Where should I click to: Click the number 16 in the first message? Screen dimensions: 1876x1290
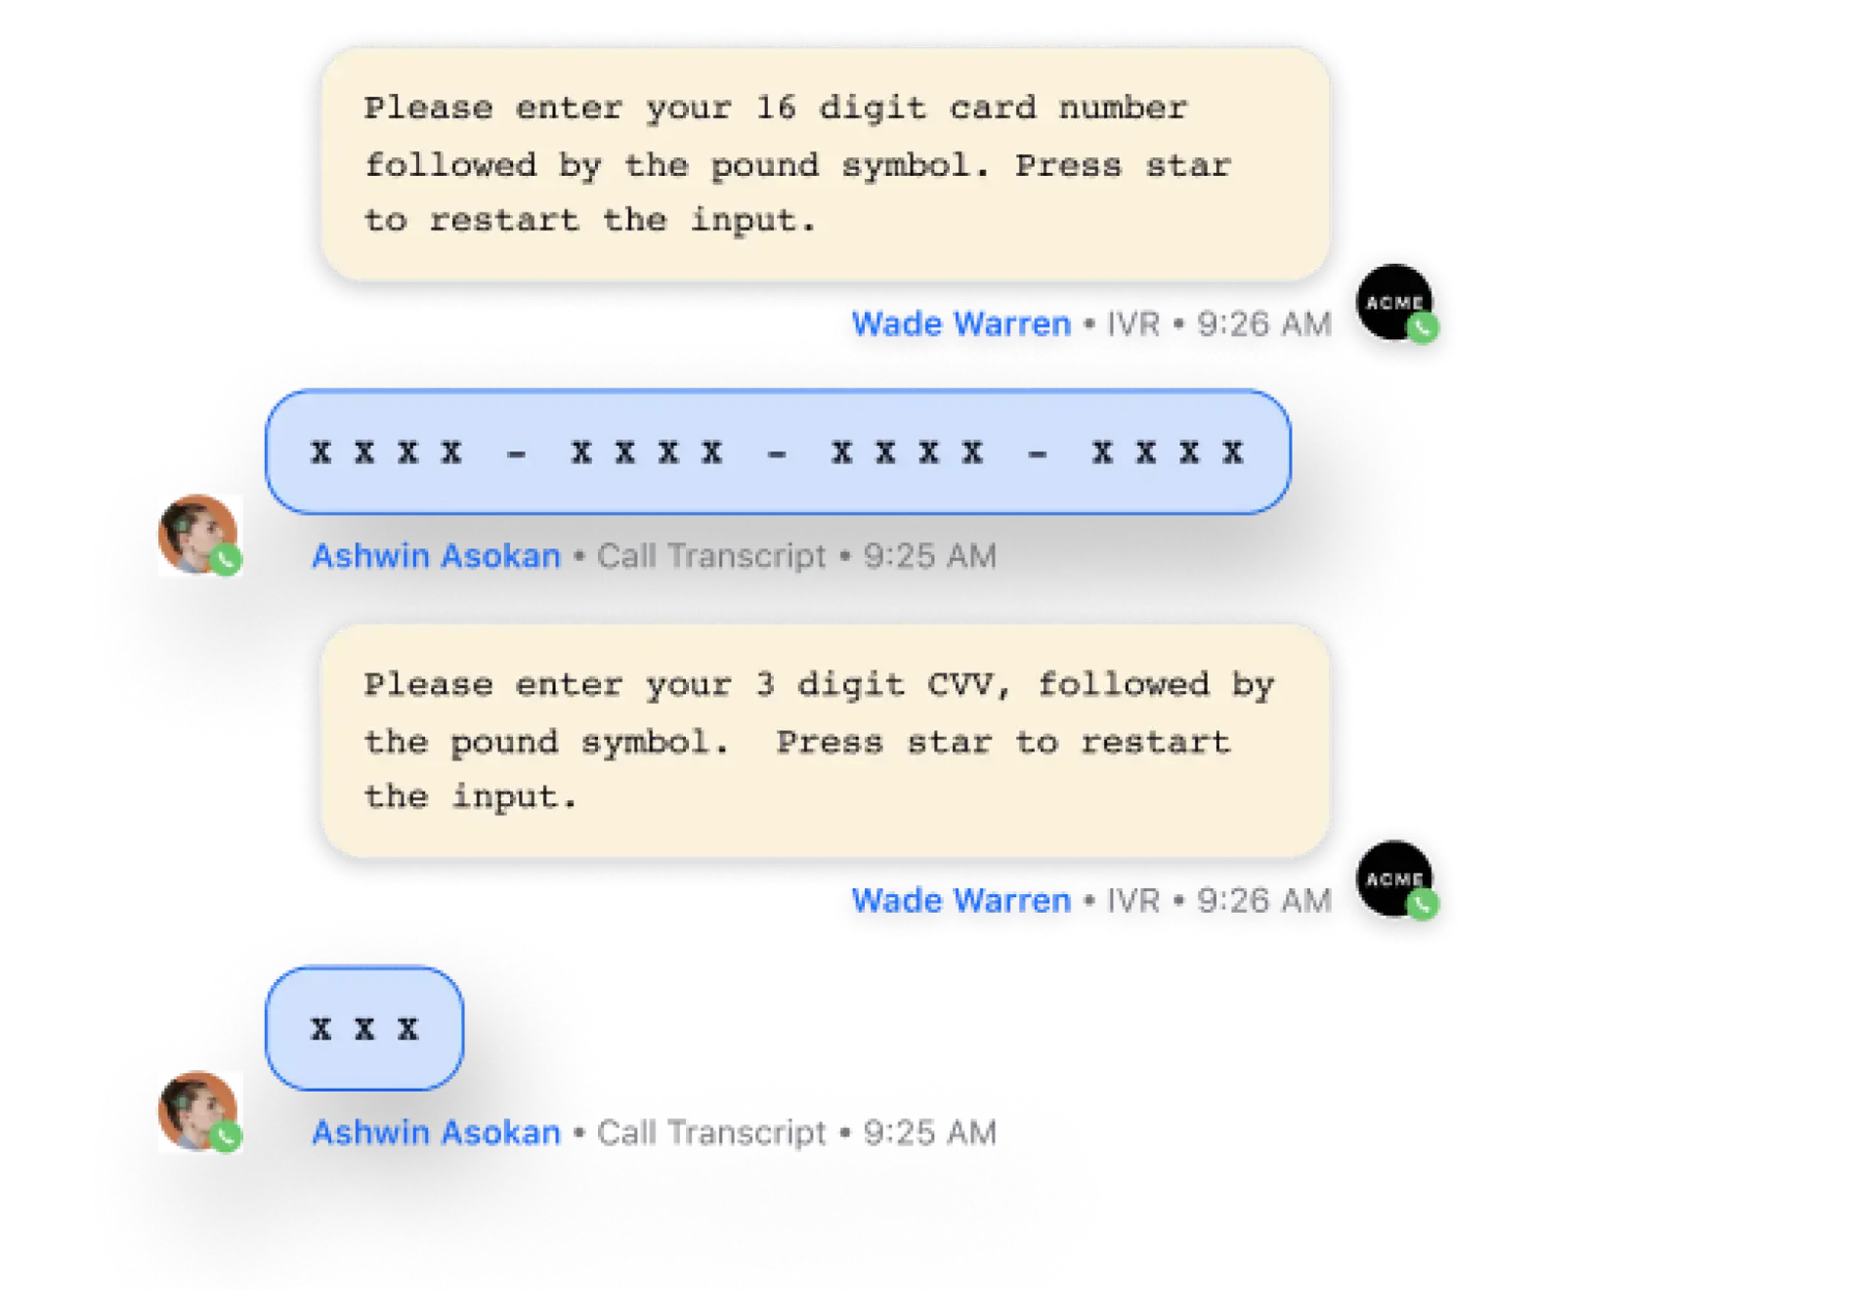click(776, 107)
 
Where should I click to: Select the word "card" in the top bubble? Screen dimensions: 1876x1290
click(992, 107)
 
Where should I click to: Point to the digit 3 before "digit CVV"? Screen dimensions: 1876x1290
click(765, 685)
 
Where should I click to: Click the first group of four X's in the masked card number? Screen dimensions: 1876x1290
click(386, 452)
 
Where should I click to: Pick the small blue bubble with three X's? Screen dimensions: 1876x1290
click(364, 1028)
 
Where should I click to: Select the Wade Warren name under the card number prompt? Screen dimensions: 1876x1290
click(961, 323)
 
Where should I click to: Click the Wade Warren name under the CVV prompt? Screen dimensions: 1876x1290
click(961, 900)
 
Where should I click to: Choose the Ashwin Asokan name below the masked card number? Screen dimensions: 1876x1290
click(437, 557)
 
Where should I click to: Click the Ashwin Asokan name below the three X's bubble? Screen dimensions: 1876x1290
click(437, 1134)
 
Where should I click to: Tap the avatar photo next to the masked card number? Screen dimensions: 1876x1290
click(196, 535)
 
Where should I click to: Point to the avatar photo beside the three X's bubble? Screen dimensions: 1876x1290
click(196, 1111)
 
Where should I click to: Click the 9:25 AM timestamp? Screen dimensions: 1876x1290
click(929, 557)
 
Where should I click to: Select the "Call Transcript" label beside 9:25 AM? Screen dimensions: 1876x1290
click(711, 557)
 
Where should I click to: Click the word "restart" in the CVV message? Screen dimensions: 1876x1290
click(1155, 743)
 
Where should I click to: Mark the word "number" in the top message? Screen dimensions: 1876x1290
click(1124, 107)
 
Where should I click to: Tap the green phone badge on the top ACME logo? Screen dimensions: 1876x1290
click(1424, 329)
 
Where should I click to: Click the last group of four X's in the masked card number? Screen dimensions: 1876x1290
click(1168, 452)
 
